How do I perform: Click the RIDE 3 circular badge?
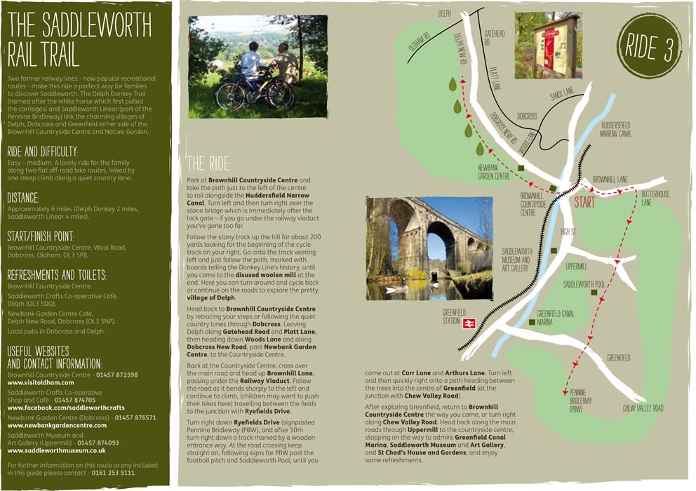(649, 46)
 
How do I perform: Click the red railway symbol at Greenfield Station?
(469, 323)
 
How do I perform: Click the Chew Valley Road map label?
(643, 408)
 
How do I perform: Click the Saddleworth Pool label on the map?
(584, 284)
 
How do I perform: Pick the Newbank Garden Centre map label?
(493, 173)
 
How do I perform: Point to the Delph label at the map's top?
(444, 13)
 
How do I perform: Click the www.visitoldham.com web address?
(40, 383)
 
